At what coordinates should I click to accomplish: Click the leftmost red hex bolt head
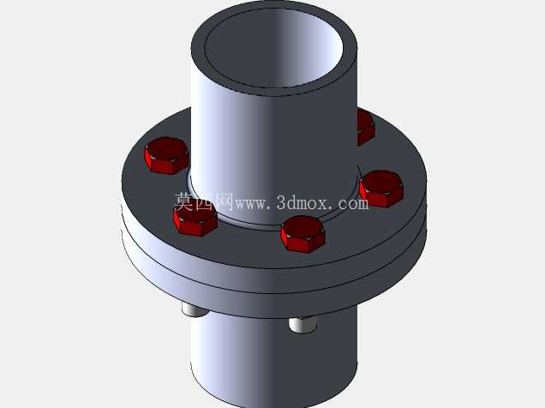click(x=166, y=155)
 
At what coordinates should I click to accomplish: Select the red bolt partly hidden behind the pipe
click(x=366, y=127)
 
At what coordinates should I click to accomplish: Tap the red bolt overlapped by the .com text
click(x=381, y=189)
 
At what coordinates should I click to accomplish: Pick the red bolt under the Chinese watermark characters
click(x=195, y=219)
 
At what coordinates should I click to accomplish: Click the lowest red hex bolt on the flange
click(x=302, y=234)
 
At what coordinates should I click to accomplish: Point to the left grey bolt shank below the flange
click(x=195, y=309)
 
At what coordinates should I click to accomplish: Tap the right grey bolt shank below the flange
click(x=302, y=325)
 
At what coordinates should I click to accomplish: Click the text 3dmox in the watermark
click(x=302, y=202)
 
